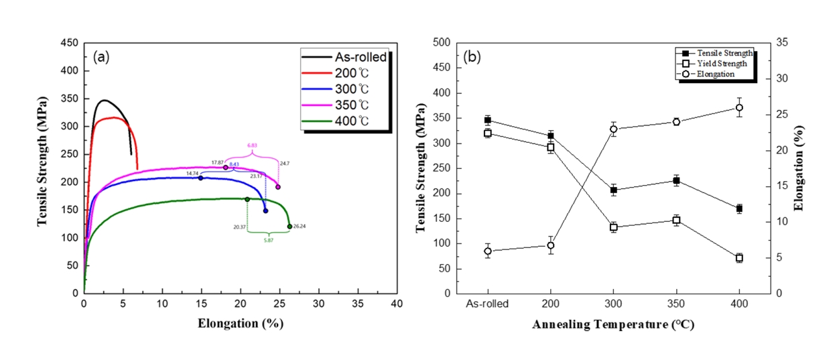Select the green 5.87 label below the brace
point(267,240)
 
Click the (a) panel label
point(102,56)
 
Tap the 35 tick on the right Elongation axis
point(782,43)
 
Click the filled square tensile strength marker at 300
point(613,190)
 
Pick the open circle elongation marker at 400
point(739,108)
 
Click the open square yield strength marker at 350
point(676,221)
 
